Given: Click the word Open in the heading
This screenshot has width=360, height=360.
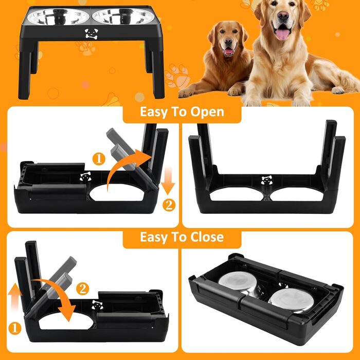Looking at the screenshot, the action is pos(207,112).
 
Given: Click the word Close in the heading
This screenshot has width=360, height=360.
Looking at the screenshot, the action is pos(207,237).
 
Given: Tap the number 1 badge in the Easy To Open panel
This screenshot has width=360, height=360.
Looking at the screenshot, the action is pos(99,159).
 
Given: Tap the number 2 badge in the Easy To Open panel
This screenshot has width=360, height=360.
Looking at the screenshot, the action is pos(169,205).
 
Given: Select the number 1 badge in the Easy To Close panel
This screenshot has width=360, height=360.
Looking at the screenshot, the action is pos(15,328).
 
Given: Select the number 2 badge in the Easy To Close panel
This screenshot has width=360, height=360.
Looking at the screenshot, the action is pos(82,289).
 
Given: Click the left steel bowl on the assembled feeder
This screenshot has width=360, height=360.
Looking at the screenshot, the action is pos(58,17).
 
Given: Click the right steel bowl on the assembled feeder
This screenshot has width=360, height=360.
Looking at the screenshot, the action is pos(123,16).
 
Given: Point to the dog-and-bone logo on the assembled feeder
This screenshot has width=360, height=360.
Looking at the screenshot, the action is pos(92,33).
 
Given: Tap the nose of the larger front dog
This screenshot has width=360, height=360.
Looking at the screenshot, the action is pos(283,15).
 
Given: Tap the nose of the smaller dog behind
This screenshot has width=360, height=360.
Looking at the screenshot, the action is pos(228,42).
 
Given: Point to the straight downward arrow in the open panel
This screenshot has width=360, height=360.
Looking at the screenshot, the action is pos(168,180).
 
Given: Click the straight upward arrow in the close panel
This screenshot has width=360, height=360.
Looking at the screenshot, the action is pos(15,298).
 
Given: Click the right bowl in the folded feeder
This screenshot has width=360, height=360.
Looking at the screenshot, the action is pos(291,300).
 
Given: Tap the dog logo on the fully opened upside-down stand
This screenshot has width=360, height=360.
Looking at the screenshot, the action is pos(266,180).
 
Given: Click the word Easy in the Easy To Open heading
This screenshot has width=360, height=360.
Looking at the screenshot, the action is pos(154,113).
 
